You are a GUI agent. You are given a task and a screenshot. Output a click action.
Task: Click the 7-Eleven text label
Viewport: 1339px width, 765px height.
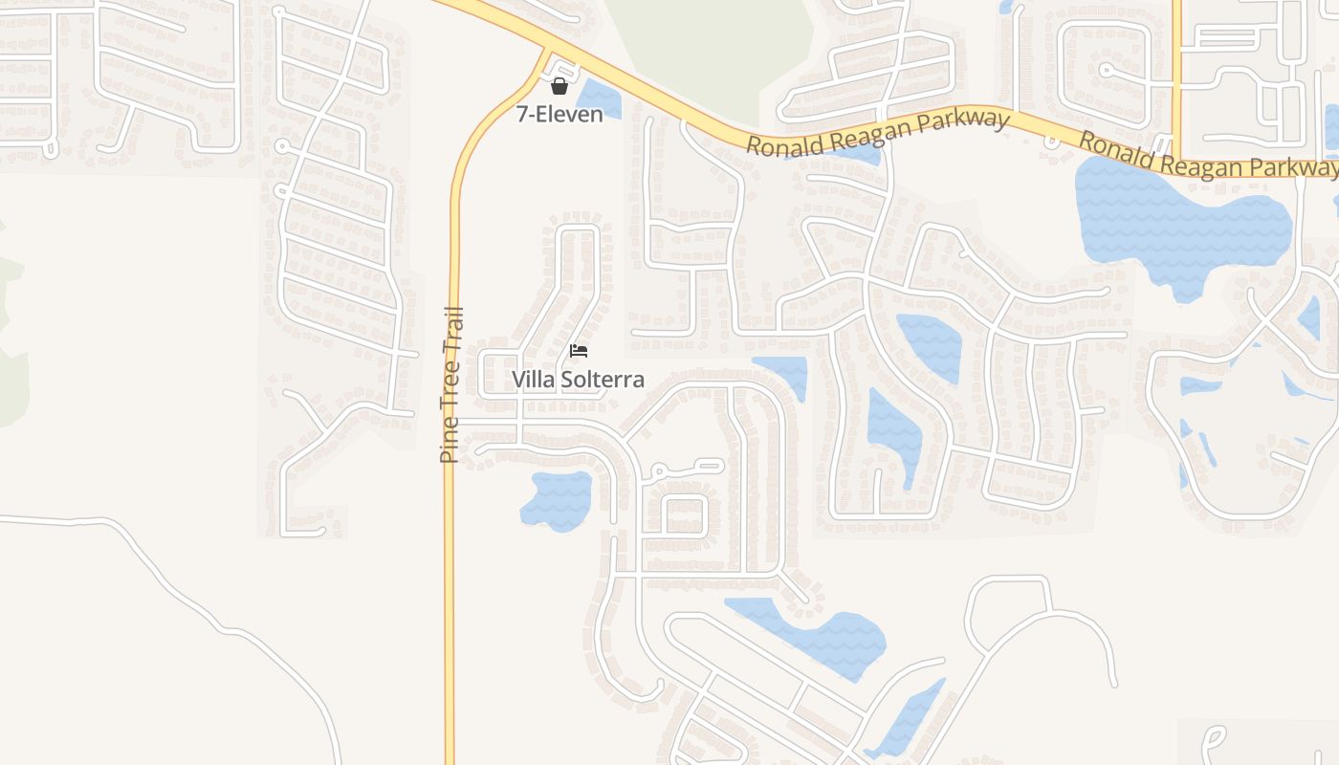tap(560, 115)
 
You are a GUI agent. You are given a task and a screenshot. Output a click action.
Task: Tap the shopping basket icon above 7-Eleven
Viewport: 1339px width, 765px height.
tap(560, 87)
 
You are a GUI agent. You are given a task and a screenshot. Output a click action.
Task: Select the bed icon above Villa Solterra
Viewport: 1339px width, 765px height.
tap(579, 351)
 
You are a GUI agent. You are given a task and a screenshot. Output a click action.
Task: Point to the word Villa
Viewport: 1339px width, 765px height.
tap(532, 380)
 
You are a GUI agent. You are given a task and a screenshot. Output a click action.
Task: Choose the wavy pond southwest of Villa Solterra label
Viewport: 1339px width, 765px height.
tap(557, 499)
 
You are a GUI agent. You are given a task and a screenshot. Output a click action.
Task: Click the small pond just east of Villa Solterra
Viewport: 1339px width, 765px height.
tap(782, 373)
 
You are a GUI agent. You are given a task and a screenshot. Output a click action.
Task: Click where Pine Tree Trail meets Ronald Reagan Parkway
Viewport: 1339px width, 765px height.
tap(548, 52)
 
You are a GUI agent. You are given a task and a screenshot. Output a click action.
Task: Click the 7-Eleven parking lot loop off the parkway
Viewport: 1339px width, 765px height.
tap(565, 72)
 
